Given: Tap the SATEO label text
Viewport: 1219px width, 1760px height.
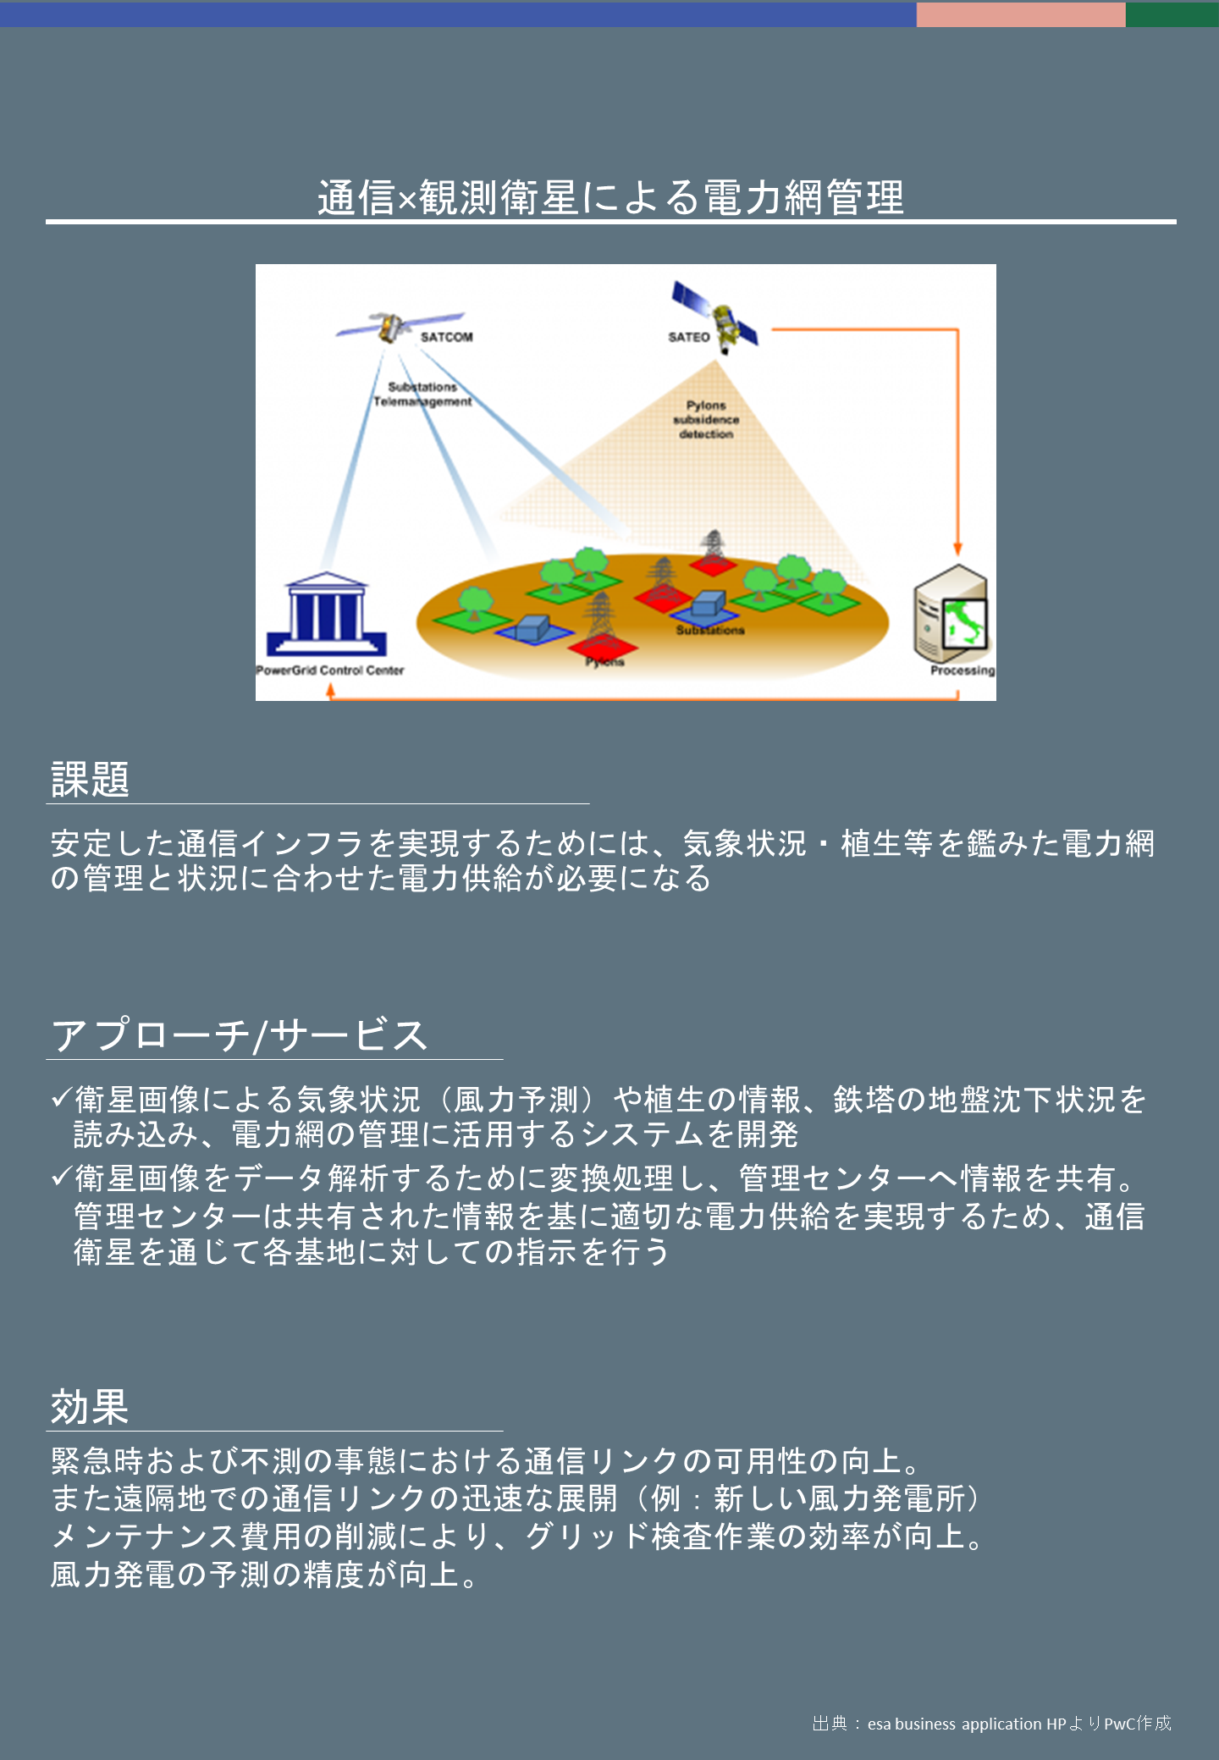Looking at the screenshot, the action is pos(689,337).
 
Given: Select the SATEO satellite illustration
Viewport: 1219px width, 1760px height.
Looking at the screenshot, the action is pos(716,317).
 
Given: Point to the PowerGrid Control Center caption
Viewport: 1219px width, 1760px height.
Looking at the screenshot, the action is pos(330,670).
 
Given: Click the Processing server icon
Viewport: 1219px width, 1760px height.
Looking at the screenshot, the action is pos(951,613).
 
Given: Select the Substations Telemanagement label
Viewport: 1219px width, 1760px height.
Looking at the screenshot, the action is pos(422,394).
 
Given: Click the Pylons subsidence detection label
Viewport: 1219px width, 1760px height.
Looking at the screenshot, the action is pos(706,420).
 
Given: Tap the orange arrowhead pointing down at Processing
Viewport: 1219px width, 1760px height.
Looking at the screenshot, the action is pos(957,549).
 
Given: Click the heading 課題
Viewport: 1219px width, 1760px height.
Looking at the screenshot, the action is pos(90,779).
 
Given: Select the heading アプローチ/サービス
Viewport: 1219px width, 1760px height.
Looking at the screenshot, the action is pos(239,1034).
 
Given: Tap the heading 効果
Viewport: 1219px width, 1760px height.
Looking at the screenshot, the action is pos(90,1407).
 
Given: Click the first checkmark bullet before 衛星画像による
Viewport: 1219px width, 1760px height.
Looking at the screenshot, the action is pos(61,1098).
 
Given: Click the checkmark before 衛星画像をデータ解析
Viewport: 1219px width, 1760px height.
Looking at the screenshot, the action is pos(61,1176).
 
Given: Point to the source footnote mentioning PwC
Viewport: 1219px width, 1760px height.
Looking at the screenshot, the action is pos(991,1724).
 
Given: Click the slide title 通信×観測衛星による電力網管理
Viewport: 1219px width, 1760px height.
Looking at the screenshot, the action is pos(611,197).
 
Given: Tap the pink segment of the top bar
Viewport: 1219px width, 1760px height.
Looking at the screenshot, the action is pos(1021,14).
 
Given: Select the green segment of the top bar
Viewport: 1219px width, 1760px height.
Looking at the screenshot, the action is pos(1172,14).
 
